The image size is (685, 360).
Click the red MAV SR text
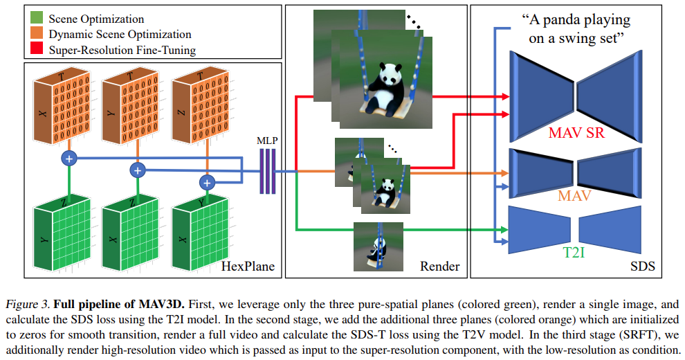(576, 132)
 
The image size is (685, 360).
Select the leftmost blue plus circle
(68, 159)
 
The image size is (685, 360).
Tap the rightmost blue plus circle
(205, 182)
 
